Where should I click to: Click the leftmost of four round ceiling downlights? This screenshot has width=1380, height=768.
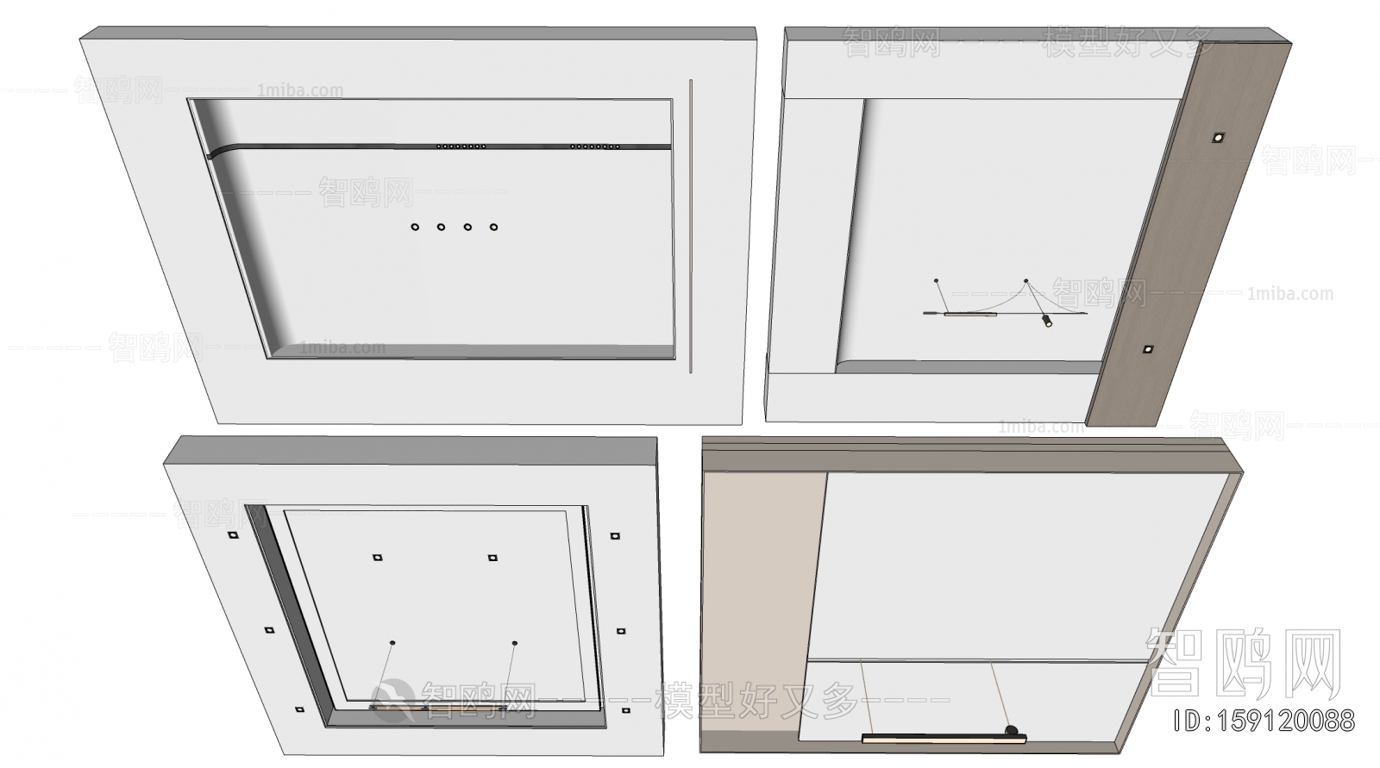tap(415, 227)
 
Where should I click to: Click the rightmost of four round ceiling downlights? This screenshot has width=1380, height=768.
tap(493, 227)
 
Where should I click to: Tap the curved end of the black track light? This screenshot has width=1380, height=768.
tap(217, 153)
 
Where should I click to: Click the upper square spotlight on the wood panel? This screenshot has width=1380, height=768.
tap(1218, 136)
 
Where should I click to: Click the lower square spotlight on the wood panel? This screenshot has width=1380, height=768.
tap(1148, 349)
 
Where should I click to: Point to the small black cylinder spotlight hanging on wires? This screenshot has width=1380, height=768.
tap(1047, 322)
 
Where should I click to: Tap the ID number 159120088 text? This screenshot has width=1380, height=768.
tap(1265, 720)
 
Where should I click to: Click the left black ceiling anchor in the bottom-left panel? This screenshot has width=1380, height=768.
tap(392, 643)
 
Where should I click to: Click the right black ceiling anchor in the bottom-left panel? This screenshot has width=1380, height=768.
tap(515, 643)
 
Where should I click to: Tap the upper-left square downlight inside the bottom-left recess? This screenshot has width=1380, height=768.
tap(377, 557)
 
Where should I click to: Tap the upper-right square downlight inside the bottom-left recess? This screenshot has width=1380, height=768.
tap(492, 558)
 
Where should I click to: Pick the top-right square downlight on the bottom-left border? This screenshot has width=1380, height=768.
tap(614, 536)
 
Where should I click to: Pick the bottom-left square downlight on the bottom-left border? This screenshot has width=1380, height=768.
tap(299, 709)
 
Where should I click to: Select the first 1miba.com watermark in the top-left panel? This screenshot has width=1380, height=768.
tap(300, 91)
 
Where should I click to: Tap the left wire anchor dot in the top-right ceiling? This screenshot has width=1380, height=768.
tap(936, 280)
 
